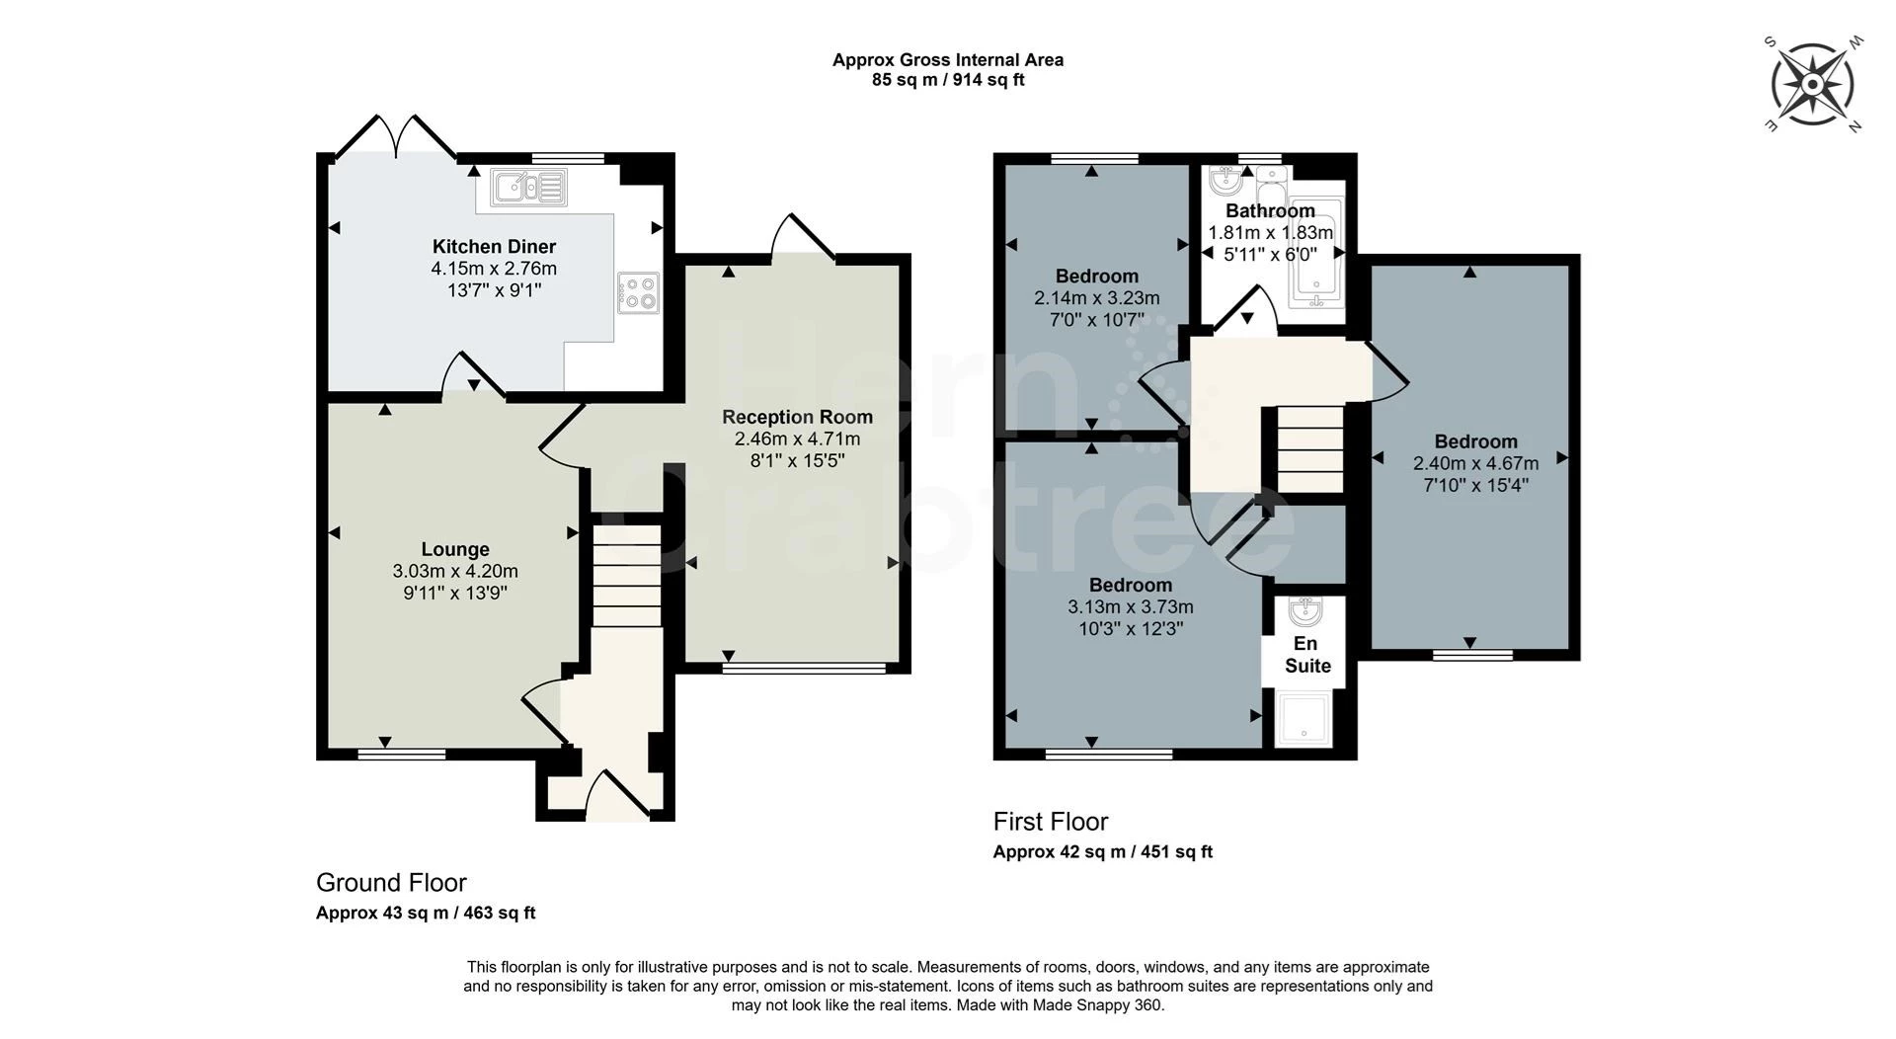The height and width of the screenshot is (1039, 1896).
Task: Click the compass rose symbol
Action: click(1812, 84)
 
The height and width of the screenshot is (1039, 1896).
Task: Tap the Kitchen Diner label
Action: click(494, 247)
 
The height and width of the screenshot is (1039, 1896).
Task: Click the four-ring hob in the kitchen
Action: click(638, 292)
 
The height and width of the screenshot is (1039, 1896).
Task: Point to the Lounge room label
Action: click(455, 549)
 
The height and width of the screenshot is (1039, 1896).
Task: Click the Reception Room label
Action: click(797, 417)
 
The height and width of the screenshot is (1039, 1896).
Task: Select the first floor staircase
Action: click(1309, 449)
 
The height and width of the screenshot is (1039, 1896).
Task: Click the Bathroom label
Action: click(1270, 210)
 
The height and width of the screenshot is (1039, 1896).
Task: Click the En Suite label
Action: click(1307, 655)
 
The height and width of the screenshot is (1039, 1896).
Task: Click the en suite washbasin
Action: click(1306, 611)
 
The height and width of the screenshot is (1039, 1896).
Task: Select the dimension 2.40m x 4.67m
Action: click(1475, 463)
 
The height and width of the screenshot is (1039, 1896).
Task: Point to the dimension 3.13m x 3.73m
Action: click(1130, 607)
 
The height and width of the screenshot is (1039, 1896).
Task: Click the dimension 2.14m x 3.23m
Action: click(1096, 298)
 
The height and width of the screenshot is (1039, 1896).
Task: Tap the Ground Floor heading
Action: click(391, 883)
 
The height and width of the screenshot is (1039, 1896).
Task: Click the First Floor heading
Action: click(1051, 822)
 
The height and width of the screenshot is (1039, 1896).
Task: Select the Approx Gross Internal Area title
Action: click(948, 60)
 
